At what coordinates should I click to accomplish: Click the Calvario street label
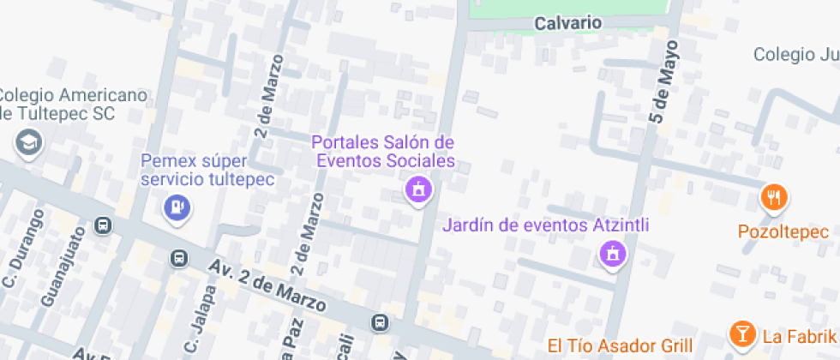click(567, 23)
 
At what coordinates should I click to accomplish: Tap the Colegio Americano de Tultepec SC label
click(74, 104)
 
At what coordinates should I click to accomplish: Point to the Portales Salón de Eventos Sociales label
click(382, 151)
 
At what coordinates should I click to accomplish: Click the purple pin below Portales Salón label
click(418, 189)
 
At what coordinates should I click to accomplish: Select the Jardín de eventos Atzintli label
click(546, 226)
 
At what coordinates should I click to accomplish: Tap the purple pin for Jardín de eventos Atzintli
click(612, 254)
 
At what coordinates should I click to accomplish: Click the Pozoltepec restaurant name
click(783, 232)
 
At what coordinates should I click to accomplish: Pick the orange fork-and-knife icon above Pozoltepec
click(775, 198)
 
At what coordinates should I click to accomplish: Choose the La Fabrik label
click(800, 335)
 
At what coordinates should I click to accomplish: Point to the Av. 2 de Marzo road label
click(267, 286)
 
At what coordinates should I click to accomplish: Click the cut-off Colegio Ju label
click(796, 55)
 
